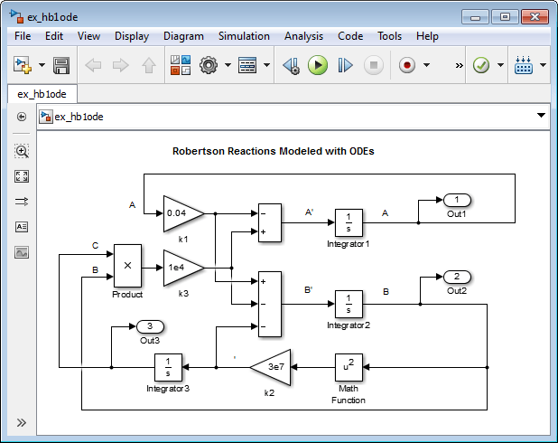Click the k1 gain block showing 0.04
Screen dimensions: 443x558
pyautogui.click(x=181, y=214)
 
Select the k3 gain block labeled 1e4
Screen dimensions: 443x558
pyautogui.click(x=181, y=268)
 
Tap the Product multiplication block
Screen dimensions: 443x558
pyautogui.click(x=127, y=264)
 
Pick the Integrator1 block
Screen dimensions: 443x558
pyautogui.click(x=349, y=222)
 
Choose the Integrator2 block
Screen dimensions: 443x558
pyautogui.click(x=349, y=303)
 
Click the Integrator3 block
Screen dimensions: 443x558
pyautogui.click(x=168, y=367)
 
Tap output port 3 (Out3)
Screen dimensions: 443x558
pyautogui.click(x=150, y=326)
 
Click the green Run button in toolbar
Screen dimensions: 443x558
pyautogui.click(x=318, y=66)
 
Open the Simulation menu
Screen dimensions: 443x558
pyautogui.click(x=244, y=36)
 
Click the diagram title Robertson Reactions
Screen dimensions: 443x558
pyautogui.click(x=273, y=151)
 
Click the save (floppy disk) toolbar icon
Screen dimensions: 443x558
pyautogui.click(x=61, y=66)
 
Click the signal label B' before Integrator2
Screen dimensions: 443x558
pyautogui.click(x=308, y=289)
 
